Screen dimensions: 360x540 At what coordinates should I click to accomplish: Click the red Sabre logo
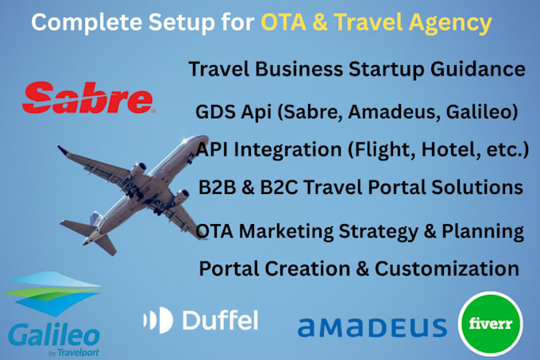(x=87, y=99)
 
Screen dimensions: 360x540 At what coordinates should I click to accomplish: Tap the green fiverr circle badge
(x=485, y=326)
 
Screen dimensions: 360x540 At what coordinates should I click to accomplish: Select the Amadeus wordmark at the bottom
(x=372, y=327)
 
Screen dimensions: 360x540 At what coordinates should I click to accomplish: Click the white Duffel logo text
(x=200, y=319)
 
